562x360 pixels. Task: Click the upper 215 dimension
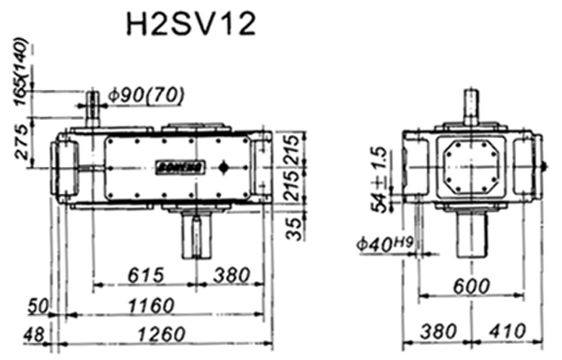point(295,147)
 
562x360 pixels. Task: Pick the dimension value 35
point(295,227)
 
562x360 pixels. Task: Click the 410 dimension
point(510,333)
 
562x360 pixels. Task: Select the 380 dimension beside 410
point(439,333)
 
